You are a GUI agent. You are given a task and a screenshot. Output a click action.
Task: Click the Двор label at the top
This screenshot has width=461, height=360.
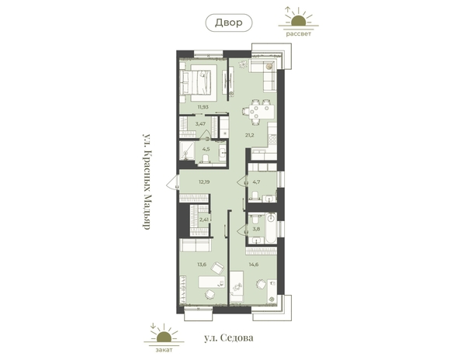point(228,22)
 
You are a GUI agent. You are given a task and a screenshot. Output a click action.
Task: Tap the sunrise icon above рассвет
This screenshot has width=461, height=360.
point(299,17)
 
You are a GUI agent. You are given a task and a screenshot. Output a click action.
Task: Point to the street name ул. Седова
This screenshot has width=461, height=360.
point(229,338)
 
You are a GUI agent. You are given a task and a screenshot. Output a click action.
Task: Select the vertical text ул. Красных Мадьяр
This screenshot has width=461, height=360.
point(147,182)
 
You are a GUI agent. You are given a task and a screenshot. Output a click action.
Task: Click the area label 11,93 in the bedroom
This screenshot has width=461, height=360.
point(203,107)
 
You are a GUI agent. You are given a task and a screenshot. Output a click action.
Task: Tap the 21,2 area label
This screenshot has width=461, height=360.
point(250,135)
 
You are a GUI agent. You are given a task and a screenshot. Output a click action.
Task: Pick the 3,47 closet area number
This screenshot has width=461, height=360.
point(200,123)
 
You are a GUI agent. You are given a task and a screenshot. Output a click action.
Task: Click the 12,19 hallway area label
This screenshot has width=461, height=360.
point(204,182)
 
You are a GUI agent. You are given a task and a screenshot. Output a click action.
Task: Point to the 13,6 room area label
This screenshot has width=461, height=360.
point(202,265)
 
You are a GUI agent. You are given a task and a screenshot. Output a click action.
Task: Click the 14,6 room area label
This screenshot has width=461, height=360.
point(254,265)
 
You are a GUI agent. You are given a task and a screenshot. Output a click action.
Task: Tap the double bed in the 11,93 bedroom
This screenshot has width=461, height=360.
point(198,83)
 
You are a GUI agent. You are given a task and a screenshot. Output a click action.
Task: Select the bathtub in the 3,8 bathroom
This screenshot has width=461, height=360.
point(271,228)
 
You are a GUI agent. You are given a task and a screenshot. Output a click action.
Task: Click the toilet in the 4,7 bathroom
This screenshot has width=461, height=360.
point(255,196)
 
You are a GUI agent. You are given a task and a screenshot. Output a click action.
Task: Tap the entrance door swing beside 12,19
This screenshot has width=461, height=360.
point(173,182)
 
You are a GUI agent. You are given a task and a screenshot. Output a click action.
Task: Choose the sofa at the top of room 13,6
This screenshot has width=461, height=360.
point(196,245)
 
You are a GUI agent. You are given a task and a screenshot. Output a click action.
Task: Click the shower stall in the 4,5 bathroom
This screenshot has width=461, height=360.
point(187,151)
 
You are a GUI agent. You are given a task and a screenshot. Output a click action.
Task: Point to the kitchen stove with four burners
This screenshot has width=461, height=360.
point(272,139)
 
